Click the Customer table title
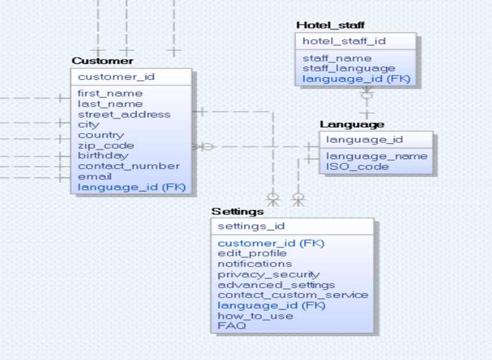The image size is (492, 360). [x=103, y=61]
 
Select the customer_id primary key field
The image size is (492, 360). [x=116, y=77]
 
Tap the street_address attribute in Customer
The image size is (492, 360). [x=124, y=114]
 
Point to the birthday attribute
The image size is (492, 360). [x=103, y=156]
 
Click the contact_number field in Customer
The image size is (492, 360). [x=128, y=166]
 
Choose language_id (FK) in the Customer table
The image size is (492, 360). [x=132, y=187]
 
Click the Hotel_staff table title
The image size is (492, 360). [x=330, y=25]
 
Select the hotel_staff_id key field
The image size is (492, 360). [x=344, y=41]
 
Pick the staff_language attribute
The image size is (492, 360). [x=349, y=69]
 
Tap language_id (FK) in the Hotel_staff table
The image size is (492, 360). [x=356, y=79]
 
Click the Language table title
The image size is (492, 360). [x=352, y=125]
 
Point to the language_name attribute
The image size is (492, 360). [x=377, y=156]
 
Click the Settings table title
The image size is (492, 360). [x=237, y=212]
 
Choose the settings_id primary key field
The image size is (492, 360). [x=251, y=226]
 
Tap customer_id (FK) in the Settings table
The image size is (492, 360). [x=271, y=243]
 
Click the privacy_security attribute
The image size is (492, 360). [x=269, y=275]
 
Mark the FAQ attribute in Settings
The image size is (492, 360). [x=231, y=326]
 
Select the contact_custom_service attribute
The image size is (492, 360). [x=293, y=295]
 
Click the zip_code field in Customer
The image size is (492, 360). [x=106, y=146]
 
